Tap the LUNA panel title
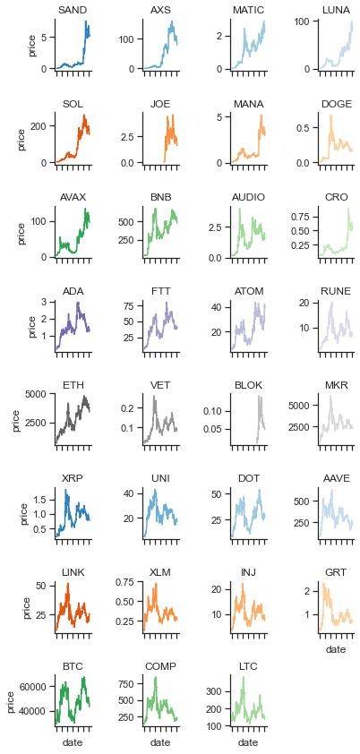click(x=336, y=10)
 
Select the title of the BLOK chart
click(x=248, y=385)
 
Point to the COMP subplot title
click(x=160, y=666)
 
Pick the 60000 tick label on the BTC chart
click(x=39, y=687)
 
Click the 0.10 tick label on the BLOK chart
click(x=218, y=411)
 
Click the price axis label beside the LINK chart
click(x=27, y=607)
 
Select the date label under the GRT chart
click(x=336, y=649)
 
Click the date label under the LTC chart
click(x=248, y=743)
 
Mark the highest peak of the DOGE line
click(x=330, y=116)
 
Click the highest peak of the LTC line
click(x=244, y=677)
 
